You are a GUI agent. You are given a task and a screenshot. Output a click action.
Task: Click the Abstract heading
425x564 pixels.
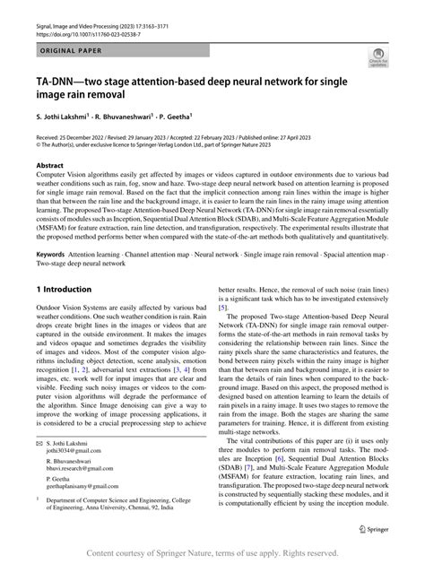(x=49, y=166)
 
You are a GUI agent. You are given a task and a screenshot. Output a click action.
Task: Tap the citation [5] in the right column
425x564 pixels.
(x=226, y=333)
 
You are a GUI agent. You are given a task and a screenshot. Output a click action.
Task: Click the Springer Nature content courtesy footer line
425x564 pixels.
(x=212, y=555)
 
